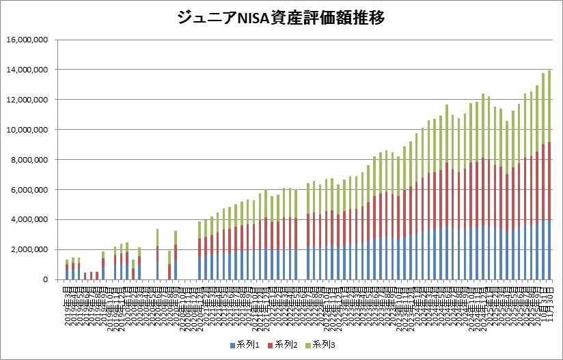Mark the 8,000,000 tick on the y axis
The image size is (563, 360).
point(29,160)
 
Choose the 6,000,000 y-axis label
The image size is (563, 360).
point(29,190)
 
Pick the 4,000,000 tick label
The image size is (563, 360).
point(29,220)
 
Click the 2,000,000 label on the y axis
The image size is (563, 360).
point(29,250)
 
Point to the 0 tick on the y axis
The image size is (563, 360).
point(44,280)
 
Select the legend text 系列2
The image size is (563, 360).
point(284,344)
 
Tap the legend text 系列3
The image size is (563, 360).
point(325,344)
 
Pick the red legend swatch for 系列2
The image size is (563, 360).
point(270,344)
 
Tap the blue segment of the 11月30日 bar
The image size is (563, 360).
point(549,249)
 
